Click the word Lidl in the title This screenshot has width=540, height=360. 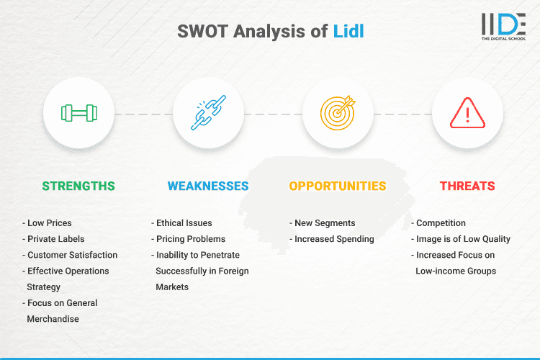[348, 33]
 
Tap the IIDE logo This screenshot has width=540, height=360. [503, 27]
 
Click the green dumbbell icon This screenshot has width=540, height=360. [78, 113]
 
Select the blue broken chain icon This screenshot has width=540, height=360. [208, 113]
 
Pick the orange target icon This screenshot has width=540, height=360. [338, 113]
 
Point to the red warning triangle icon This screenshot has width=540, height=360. [467, 113]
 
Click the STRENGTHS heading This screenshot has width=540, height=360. [78, 186]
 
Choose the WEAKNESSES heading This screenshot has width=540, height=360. [208, 186]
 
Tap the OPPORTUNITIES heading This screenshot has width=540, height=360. [338, 186]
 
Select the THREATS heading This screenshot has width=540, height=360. [467, 186]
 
